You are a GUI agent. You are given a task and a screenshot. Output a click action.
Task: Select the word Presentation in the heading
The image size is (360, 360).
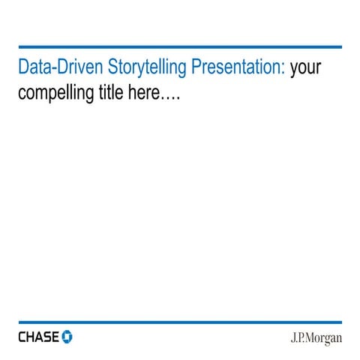[x=237, y=67]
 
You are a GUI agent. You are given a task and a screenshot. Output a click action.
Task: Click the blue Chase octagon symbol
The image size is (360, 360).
[x=67, y=337]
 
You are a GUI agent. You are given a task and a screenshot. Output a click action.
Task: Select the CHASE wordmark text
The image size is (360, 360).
[x=38, y=337]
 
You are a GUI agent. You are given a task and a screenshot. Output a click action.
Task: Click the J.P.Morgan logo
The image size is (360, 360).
[x=316, y=337]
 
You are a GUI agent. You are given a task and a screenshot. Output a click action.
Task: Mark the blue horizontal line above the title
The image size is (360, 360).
[x=180, y=47]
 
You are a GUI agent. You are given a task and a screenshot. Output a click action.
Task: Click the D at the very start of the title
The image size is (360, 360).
[x=23, y=67]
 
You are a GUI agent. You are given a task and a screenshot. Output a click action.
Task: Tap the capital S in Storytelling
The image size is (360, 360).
[x=113, y=67]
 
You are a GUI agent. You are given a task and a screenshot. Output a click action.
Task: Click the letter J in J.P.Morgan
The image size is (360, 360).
[x=293, y=337]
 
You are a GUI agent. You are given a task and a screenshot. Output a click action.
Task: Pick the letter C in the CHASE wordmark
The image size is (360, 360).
[x=22, y=337]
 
